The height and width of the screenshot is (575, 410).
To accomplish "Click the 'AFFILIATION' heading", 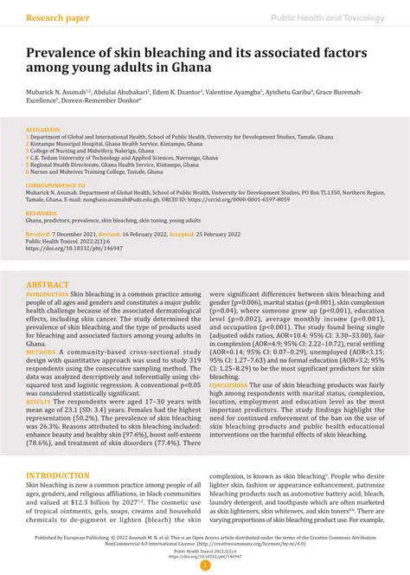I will pyautogui.click(x=43, y=129).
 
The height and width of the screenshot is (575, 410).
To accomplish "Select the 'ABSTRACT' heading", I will pyautogui.click(x=48, y=284).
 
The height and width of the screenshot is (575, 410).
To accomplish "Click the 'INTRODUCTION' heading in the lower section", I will pyautogui.click(x=58, y=475).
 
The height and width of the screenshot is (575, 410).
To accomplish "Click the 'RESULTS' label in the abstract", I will pyautogui.click(x=39, y=403).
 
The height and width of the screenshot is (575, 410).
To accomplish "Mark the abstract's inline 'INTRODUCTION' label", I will pyautogui.click(x=47, y=294).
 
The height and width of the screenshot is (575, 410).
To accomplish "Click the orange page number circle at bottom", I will pyautogui.click(x=205, y=565).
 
